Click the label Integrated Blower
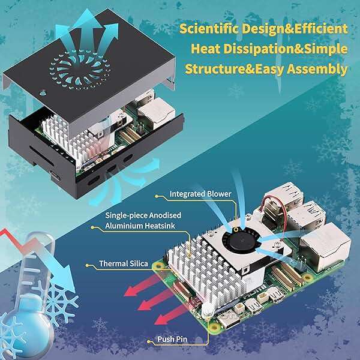200,194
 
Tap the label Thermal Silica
123,263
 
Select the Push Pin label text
172,339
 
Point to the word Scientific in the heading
209,29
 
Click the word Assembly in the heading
317,70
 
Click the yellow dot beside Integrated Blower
157,196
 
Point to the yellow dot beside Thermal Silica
87,265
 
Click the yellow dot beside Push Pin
148,341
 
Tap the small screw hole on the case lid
43,93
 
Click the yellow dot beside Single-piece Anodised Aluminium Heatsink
92,227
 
